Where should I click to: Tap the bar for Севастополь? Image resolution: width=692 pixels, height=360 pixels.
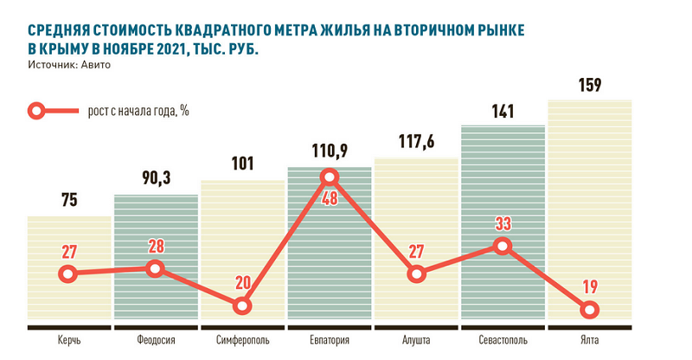503,225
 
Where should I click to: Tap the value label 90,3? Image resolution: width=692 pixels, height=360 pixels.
156,180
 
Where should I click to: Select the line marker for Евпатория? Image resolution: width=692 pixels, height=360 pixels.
329,178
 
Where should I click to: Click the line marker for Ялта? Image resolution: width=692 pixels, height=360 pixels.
589,309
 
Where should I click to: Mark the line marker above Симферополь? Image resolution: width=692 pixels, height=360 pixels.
242,305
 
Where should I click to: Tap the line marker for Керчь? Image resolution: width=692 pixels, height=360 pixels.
69,274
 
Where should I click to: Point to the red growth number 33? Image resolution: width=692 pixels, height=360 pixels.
503,224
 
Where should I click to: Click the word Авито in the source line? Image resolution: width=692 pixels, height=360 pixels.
98,64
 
